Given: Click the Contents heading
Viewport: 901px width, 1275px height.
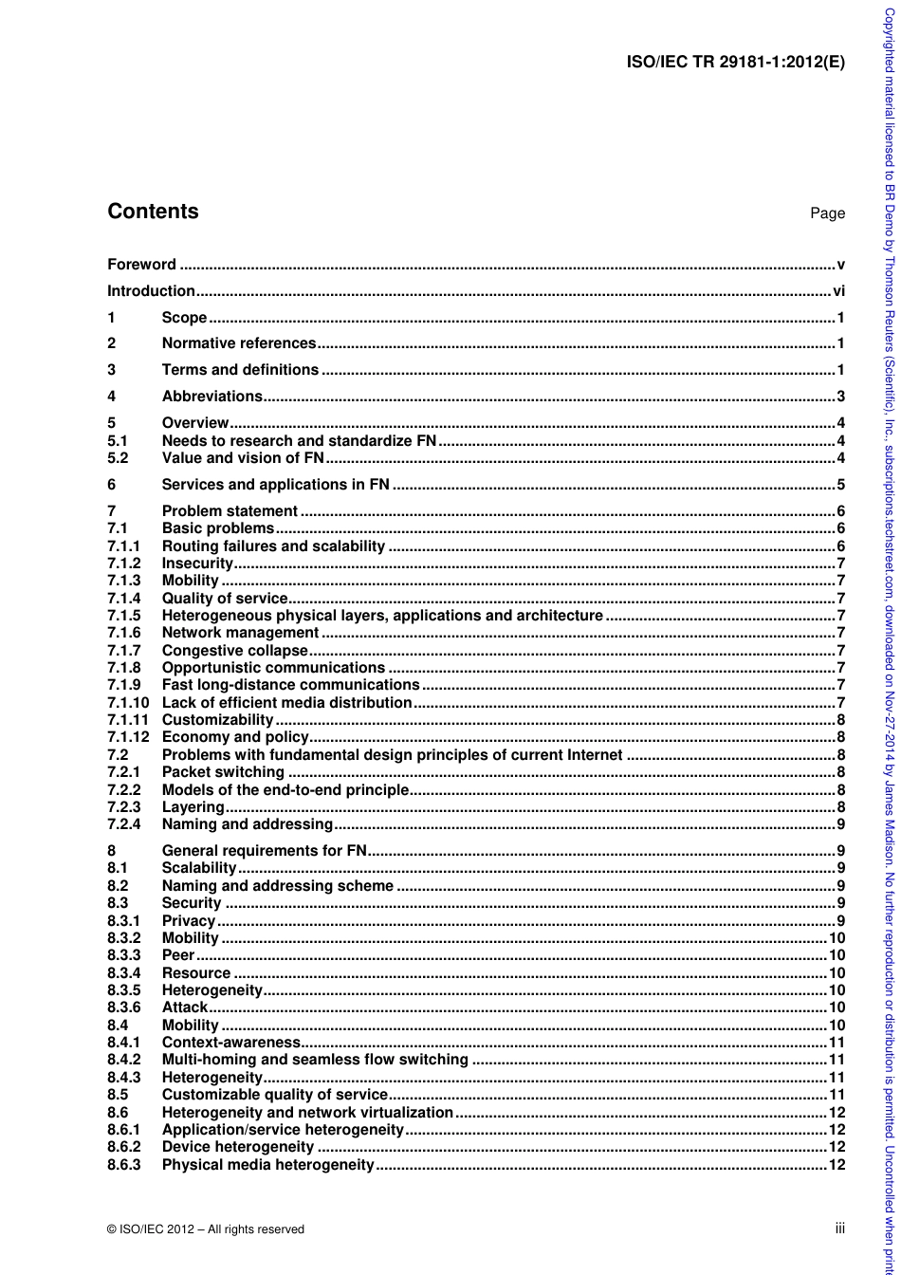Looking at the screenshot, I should coord(153,212).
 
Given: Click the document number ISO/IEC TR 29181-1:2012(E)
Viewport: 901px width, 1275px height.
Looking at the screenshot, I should coord(736,64).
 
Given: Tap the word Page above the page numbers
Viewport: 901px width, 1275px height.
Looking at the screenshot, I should coord(827,213).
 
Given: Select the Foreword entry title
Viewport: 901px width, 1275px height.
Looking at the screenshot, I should coord(141,265).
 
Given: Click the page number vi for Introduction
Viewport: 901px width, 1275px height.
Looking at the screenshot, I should coord(838,291).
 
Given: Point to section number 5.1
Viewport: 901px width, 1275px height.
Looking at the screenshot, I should coord(118,441).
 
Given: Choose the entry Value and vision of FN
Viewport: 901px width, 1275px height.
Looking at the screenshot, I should coord(243,458).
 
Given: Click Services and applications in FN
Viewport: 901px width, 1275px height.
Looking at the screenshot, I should coord(275,485).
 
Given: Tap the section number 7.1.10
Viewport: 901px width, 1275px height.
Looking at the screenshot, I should coord(128,703).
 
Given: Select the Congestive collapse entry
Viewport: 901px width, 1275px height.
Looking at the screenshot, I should coord(234,651).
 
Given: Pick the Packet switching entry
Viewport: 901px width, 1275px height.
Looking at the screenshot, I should coord(223,772).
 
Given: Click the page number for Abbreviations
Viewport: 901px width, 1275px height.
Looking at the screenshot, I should coord(840,397).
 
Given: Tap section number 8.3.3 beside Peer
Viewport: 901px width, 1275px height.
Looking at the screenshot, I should coord(123,955).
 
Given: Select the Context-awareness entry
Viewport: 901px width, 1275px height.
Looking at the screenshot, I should coord(230,1043).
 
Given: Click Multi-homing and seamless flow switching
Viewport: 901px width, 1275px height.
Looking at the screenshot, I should coord(315,1060).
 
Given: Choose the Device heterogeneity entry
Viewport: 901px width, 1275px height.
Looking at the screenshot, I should coord(238,1147).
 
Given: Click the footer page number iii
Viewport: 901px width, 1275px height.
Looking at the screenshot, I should coord(839,1229).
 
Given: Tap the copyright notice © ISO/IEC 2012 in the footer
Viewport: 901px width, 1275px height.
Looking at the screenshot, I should coord(206,1229).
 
